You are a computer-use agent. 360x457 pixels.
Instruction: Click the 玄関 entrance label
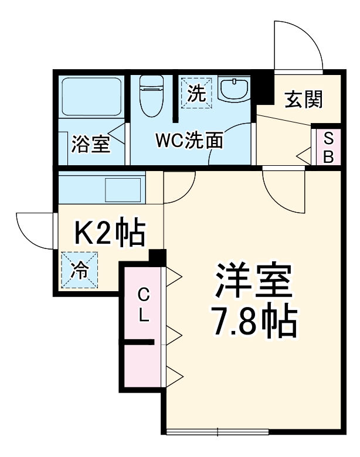(304, 100)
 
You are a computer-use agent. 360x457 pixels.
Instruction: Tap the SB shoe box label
(329, 148)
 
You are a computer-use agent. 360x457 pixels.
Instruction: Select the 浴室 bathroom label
(91, 144)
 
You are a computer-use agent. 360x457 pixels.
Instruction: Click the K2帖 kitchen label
(108, 234)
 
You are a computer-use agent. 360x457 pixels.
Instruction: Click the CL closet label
(143, 305)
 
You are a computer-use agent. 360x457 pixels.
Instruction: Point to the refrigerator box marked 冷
(79, 270)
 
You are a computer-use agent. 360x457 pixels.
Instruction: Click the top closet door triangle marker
(174, 275)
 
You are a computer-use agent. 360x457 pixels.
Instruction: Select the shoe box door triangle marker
(304, 156)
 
